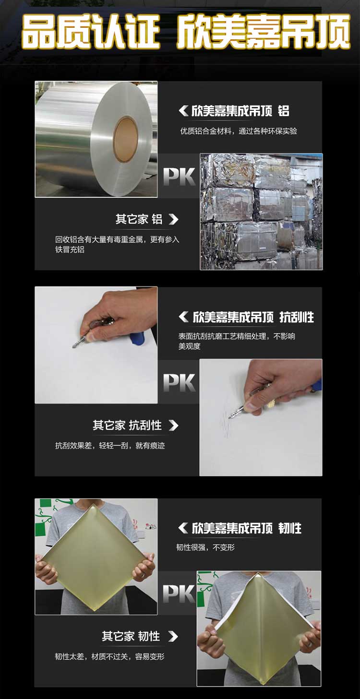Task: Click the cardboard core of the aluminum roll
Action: tap(125, 139)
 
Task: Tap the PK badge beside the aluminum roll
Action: tap(179, 177)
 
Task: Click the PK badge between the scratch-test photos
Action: tap(179, 382)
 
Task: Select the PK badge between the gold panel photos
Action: tap(179, 593)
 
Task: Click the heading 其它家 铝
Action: tap(139, 219)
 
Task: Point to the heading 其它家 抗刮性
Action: tap(127, 425)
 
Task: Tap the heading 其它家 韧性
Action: tap(131, 636)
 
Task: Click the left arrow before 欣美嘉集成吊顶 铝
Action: tap(183, 110)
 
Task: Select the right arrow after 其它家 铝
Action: tap(174, 219)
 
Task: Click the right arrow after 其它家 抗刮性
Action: tap(174, 426)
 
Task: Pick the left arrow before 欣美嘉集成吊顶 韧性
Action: tap(183, 528)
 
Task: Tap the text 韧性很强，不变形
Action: tap(205, 547)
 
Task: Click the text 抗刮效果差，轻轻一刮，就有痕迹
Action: tap(110, 446)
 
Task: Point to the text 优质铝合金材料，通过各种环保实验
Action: tap(239, 131)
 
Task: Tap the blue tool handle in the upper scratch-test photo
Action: tap(138, 338)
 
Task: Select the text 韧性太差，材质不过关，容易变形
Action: tap(109, 657)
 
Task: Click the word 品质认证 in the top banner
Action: tap(91, 33)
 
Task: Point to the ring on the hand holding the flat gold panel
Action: tap(143, 574)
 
